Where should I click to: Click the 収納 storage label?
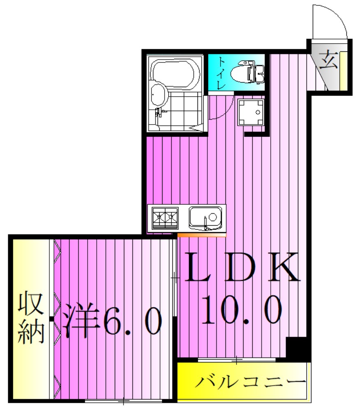31,317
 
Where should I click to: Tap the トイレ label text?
221,74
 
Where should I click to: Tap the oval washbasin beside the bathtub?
158,95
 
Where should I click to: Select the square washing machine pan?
251,112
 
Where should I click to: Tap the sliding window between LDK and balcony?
237,360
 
